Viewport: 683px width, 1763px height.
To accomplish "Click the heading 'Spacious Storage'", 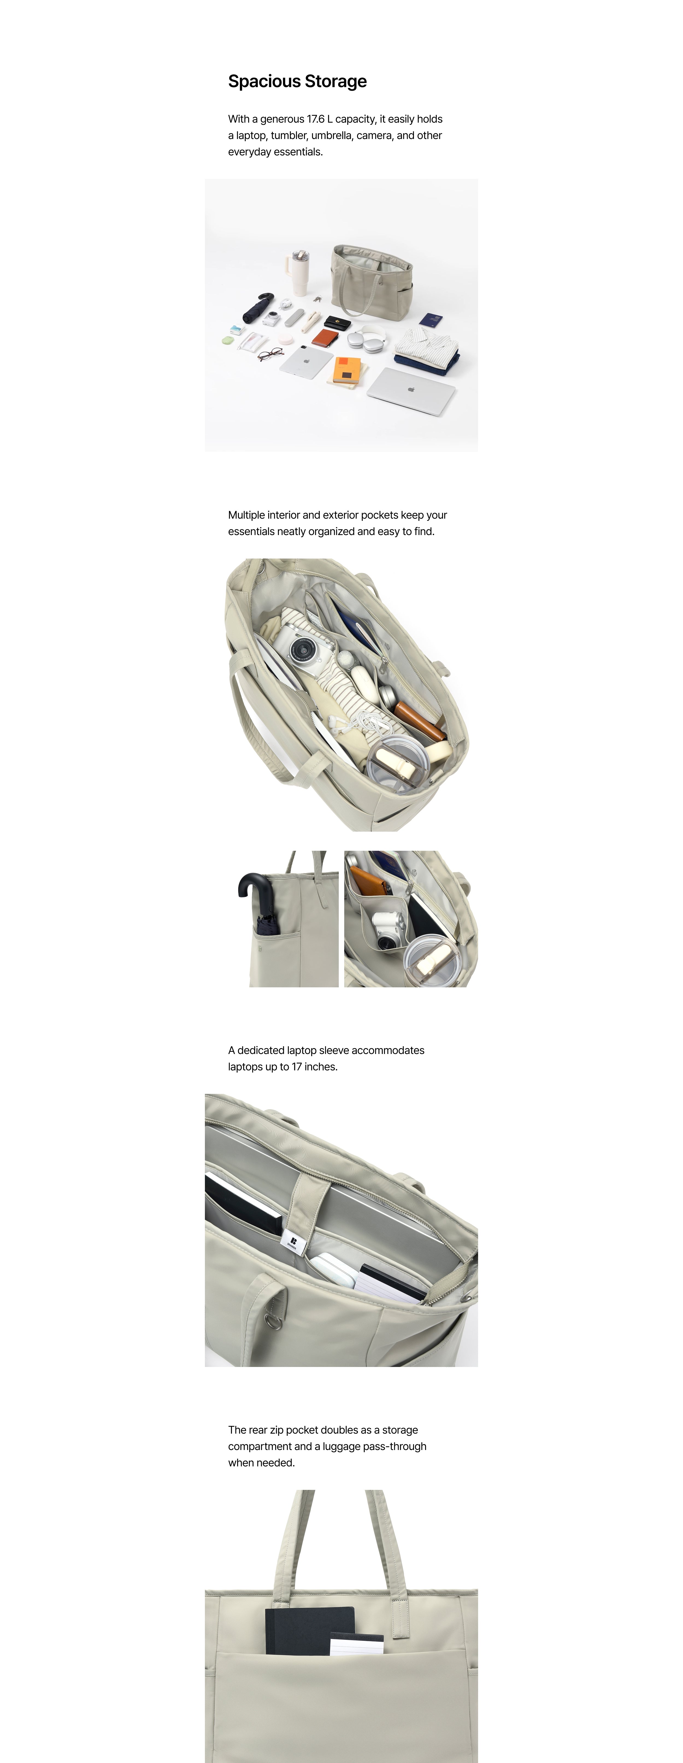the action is pos(297,81).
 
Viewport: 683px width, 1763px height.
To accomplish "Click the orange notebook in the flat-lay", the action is pos(346,370).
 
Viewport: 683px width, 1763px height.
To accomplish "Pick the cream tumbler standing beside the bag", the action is pos(298,271).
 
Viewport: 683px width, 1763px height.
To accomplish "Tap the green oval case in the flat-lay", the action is pos(228,340).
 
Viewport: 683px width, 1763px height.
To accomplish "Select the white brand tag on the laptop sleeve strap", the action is pos(291,1242).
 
